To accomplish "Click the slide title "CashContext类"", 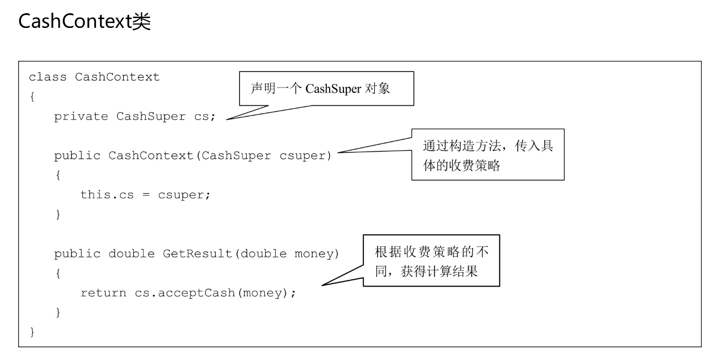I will [x=84, y=22].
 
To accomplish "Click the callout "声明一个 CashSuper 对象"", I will [x=326, y=89].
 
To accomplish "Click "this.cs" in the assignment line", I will [x=107, y=194].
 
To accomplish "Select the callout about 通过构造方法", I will [x=487, y=154].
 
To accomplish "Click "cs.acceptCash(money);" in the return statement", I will [x=216, y=293].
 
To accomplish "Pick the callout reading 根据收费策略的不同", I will [x=431, y=260].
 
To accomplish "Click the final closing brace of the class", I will [x=33, y=333].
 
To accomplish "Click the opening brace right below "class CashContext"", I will [x=32, y=97].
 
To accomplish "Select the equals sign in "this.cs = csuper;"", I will [x=145, y=195].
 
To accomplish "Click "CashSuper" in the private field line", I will [x=151, y=117].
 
